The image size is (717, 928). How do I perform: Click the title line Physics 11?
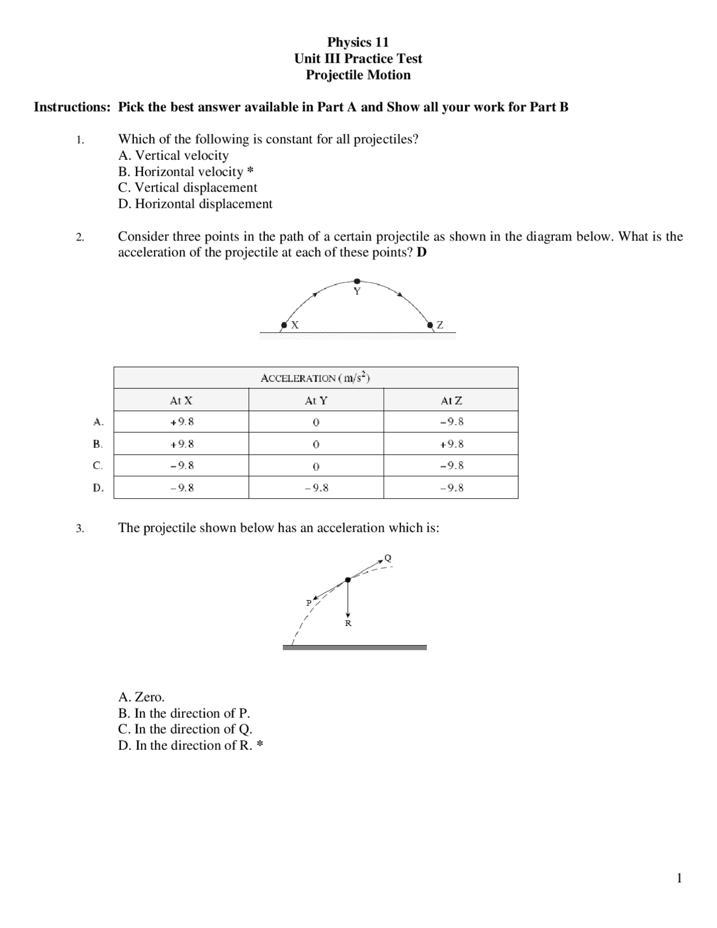[x=358, y=42]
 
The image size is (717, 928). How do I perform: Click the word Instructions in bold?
[x=72, y=107]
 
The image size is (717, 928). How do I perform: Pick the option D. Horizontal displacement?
[x=195, y=204]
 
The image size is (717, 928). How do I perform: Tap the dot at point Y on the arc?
[x=357, y=281]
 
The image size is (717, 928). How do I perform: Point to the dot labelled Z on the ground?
[x=430, y=325]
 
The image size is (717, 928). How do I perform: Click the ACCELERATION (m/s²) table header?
[x=315, y=378]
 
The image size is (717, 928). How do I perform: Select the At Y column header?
[x=316, y=401]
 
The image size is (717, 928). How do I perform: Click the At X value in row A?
[x=181, y=422]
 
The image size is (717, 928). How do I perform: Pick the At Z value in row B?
[x=451, y=444]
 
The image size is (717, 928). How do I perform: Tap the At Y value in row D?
[x=316, y=488]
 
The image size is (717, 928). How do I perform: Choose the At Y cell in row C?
[x=316, y=466]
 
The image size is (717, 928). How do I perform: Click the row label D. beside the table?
[x=98, y=488]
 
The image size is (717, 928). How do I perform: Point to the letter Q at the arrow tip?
[x=388, y=558]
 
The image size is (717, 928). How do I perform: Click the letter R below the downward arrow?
[x=348, y=623]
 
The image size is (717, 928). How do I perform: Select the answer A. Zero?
[x=141, y=697]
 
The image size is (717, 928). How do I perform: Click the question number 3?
[x=80, y=528]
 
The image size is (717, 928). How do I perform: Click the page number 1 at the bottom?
[x=679, y=878]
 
